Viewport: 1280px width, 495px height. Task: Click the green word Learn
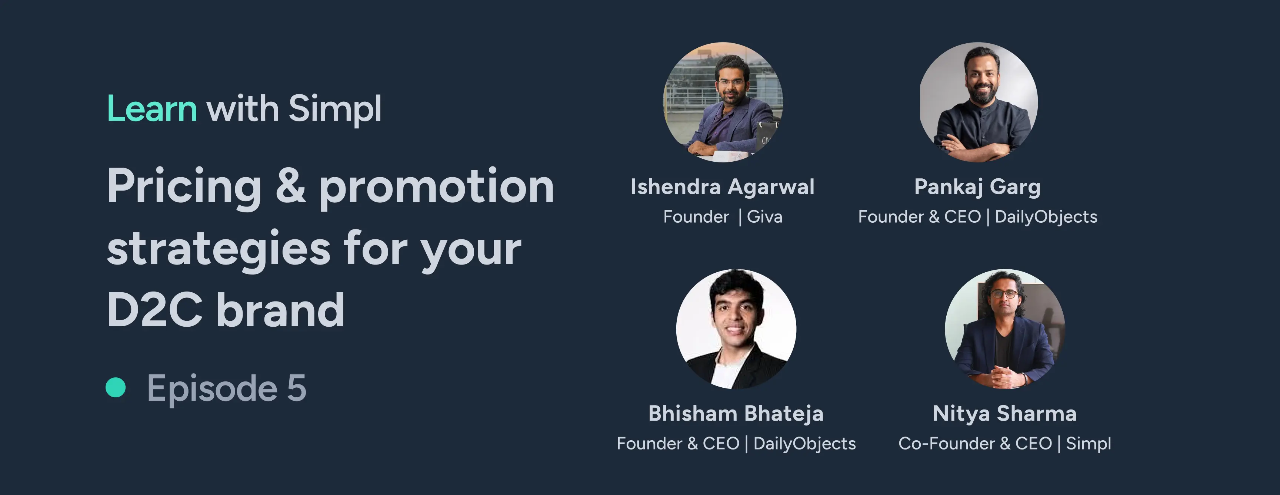(x=152, y=108)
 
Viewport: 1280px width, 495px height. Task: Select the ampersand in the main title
(x=291, y=186)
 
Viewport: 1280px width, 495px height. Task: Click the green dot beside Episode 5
(x=116, y=387)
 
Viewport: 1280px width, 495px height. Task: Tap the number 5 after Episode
(x=297, y=388)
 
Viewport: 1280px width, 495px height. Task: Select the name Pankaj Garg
(x=977, y=187)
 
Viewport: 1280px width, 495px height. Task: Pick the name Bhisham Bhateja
(x=736, y=414)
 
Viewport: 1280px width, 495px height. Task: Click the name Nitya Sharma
(x=1004, y=414)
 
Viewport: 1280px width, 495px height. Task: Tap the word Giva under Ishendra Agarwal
(x=765, y=217)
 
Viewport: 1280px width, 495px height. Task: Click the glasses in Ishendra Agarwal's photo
(x=731, y=82)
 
